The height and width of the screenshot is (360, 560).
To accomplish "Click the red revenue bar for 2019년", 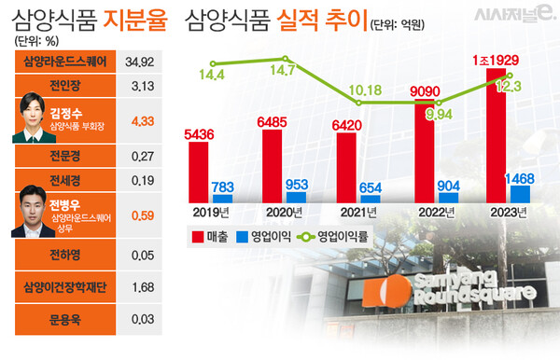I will (x=198, y=172).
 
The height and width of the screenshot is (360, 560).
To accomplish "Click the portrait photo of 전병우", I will (x=34, y=214).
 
